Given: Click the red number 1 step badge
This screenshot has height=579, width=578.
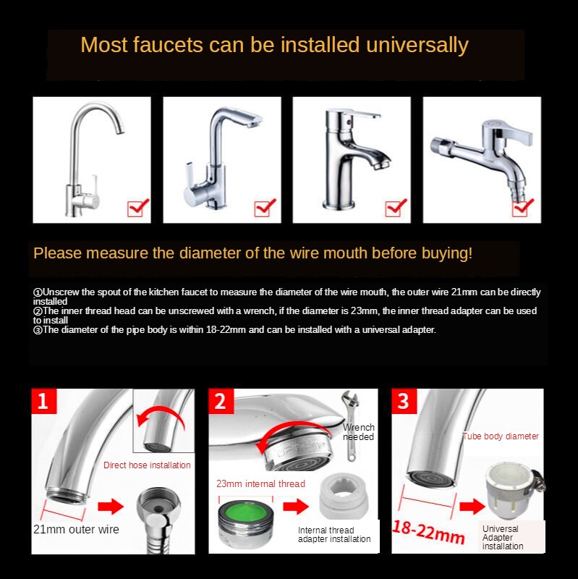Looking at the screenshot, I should (43, 400).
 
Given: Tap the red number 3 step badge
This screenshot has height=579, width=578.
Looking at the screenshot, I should (404, 400).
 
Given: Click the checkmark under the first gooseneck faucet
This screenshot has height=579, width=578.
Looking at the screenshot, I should (137, 208).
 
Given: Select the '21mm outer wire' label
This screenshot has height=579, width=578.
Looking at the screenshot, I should (76, 529).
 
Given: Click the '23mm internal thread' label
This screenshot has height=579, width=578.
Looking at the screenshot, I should (260, 483).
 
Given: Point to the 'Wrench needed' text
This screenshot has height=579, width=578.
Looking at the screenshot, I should (358, 432).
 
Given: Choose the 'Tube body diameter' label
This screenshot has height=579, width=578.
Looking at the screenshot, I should (501, 436).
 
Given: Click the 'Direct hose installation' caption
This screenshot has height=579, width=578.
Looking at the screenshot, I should (147, 465).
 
